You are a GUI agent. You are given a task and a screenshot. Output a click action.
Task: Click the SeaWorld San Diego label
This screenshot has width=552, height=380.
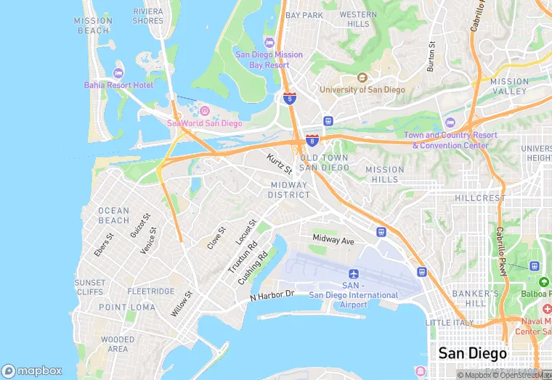(204, 123)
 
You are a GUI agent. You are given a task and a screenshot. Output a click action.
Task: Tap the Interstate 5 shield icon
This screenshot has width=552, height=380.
(289, 98)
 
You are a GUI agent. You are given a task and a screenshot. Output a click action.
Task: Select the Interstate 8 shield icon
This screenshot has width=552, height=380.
(312, 140)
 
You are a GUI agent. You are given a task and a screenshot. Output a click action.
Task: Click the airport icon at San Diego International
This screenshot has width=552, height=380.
(354, 274)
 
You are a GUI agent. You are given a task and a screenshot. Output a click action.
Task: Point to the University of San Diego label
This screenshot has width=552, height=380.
(362, 89)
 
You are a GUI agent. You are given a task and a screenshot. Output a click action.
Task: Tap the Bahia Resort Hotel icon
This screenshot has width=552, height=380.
(118, 73)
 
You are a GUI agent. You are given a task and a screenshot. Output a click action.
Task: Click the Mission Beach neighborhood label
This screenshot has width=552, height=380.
(93, 25)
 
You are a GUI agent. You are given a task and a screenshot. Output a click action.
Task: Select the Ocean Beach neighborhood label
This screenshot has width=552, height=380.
(113, 215)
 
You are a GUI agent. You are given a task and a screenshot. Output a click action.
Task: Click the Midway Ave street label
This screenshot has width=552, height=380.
(333, 239)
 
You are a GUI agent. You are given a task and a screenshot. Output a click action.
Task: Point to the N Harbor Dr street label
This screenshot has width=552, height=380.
(272, 296)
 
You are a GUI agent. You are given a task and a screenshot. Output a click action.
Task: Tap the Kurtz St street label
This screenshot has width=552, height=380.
(279, 164)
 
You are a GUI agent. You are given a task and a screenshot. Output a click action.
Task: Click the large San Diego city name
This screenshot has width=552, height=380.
(472, 354)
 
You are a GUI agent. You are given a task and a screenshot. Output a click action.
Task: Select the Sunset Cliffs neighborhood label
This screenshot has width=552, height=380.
(89, 287)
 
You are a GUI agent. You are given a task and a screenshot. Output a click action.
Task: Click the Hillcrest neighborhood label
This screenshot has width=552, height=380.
(479, 197)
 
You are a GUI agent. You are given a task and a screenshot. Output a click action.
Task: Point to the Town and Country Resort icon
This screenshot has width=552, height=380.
(450, 123)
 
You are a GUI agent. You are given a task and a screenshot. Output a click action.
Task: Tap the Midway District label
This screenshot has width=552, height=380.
(288, 190)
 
